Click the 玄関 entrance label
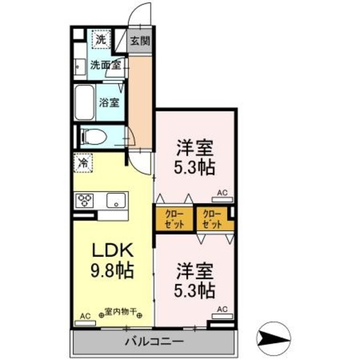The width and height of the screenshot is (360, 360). [139, 40]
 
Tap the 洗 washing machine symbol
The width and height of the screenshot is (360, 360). [100, 39]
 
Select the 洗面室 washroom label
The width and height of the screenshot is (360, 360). [105, 65]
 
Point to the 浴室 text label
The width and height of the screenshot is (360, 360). [109, 103]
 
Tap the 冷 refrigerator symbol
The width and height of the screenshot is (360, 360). [82, 164]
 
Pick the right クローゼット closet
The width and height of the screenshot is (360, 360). [211, 218]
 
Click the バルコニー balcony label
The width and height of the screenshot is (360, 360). [152, 341]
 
